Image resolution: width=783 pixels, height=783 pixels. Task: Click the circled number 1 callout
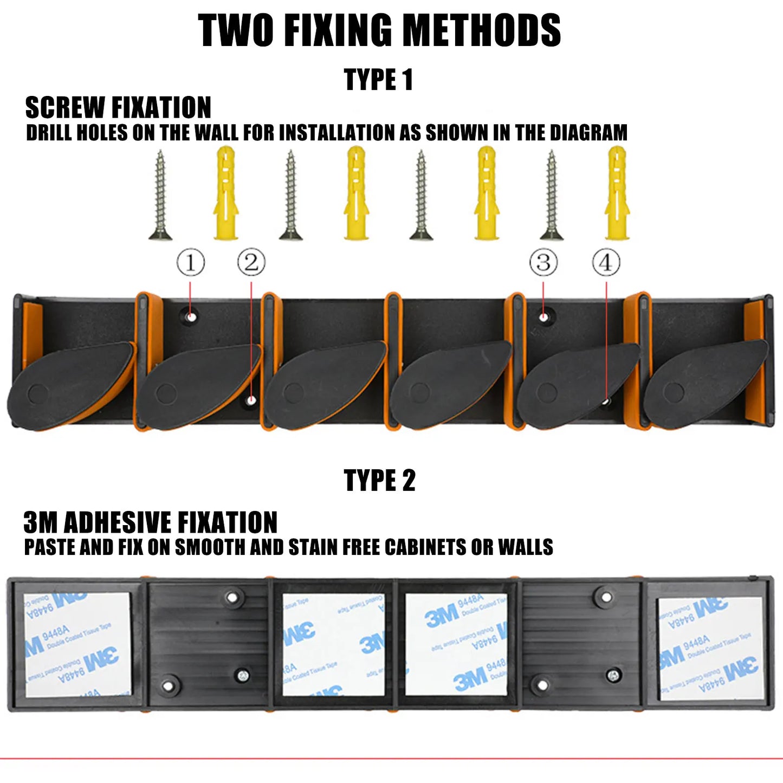pyautogui.click(x=191, y=263)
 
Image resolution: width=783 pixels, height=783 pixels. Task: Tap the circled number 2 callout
pyautogui.click(x=251, y=263)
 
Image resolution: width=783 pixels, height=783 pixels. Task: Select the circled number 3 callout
pyautogui.click(x=543, y=263)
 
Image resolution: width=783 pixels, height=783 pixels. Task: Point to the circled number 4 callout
pyautogui.click(x=606, y=263)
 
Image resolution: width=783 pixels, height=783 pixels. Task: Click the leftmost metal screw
pyautogui.click(x=160, y=195)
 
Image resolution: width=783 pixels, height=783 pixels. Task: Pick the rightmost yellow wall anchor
pyautogui.click(x=617, y=193)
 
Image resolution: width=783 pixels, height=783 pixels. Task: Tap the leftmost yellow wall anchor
pyautogui.click(x=226, y=193)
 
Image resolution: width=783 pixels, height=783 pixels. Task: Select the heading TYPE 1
pyautogui.click(x=379, y=80)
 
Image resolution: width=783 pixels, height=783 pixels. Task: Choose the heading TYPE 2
pyautogui.click(x=380, y=481)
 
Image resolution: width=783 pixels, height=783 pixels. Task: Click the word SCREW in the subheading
pyautogui.click(x=66, y=108)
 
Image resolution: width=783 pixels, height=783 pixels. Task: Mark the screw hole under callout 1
pyautogui.click(x=191, y=316)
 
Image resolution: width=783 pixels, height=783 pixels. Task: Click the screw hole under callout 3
pyautogui.click(x=543, y=316)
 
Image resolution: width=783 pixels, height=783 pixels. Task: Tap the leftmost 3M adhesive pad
pyautogui.click(x=77, y=644)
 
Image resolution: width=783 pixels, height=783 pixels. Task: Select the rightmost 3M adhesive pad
pyautogui.click(x=710, y=648)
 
